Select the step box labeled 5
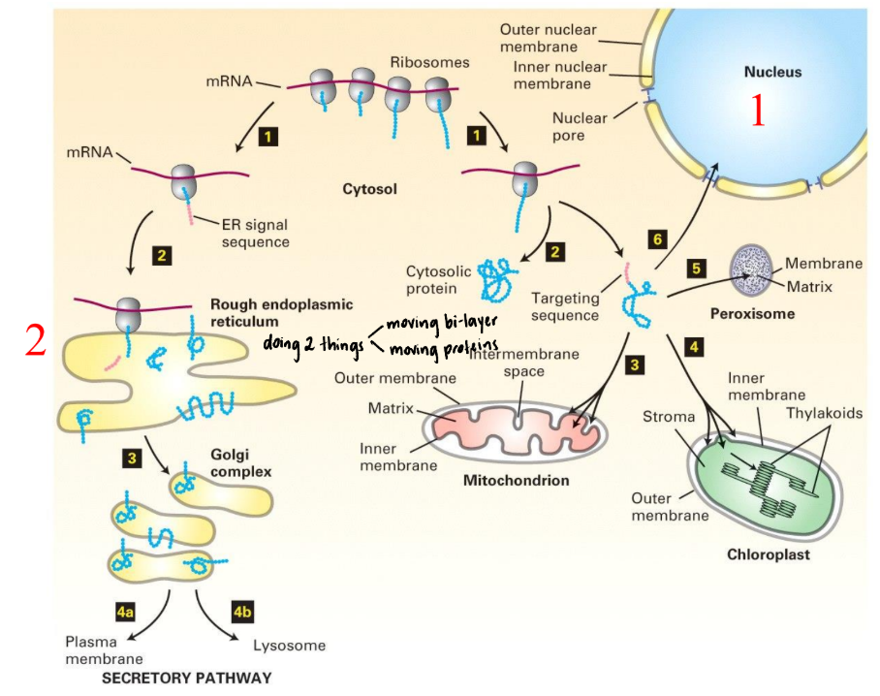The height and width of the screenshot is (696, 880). click(694, 266)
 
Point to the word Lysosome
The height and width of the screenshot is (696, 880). click(289, 646)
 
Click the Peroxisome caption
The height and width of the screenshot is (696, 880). click(752, 314)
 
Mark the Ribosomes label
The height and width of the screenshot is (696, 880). click(429, 62)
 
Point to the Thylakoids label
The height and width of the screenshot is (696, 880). click(824, 413)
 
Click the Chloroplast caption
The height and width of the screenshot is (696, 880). click(768, 555)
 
